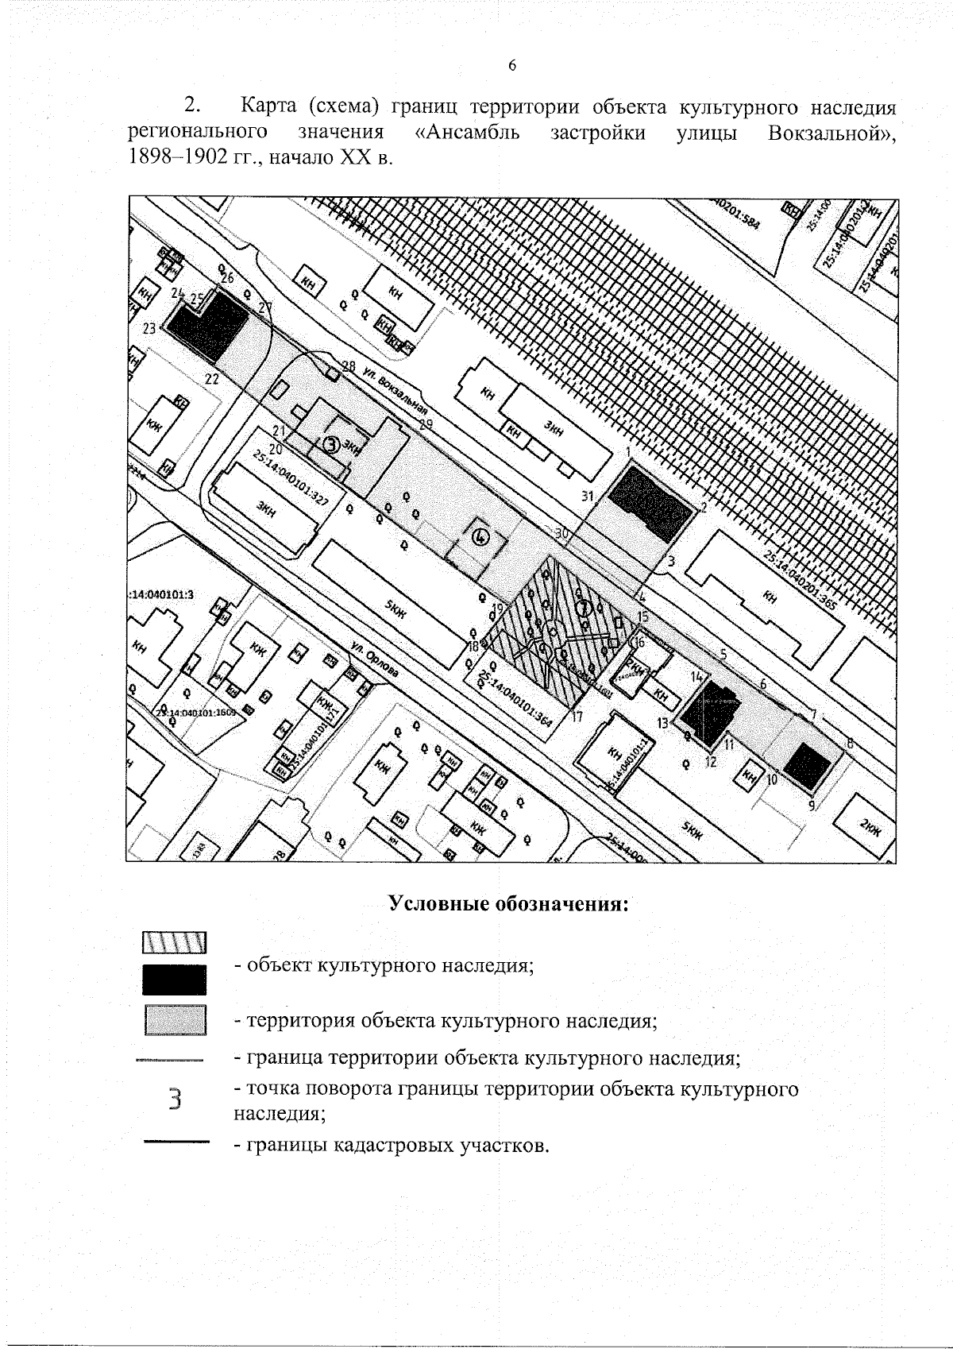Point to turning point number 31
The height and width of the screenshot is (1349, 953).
point(588,497)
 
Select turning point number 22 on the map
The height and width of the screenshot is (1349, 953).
point(211,379)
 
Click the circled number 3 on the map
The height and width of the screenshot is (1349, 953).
point(333,445)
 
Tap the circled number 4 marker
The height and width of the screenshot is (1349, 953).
point(480,538)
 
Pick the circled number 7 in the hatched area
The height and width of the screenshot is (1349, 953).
point(585,609)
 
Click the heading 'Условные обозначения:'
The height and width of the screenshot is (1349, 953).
point(508,904)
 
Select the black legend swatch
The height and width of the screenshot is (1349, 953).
point(175,980)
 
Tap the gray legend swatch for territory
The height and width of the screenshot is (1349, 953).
point(175,1020)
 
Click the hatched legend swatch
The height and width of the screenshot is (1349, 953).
point(175,943)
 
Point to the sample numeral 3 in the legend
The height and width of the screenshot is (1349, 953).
point(176,1100)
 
